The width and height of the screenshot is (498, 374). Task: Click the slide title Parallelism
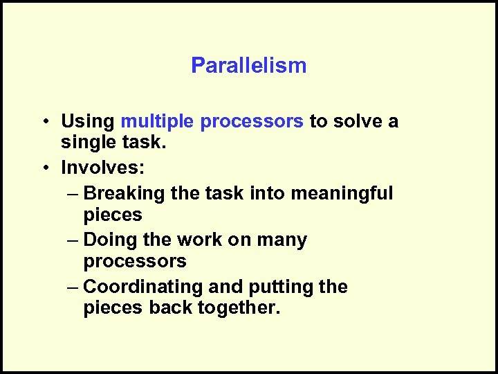(248, 66)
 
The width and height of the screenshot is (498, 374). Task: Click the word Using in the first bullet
(88, 122)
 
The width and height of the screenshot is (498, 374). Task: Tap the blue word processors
(252, 122)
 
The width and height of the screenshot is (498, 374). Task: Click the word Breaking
(124, 193)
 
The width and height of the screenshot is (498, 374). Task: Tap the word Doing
(108, 240)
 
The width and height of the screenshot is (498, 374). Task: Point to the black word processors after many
(135, 262)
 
